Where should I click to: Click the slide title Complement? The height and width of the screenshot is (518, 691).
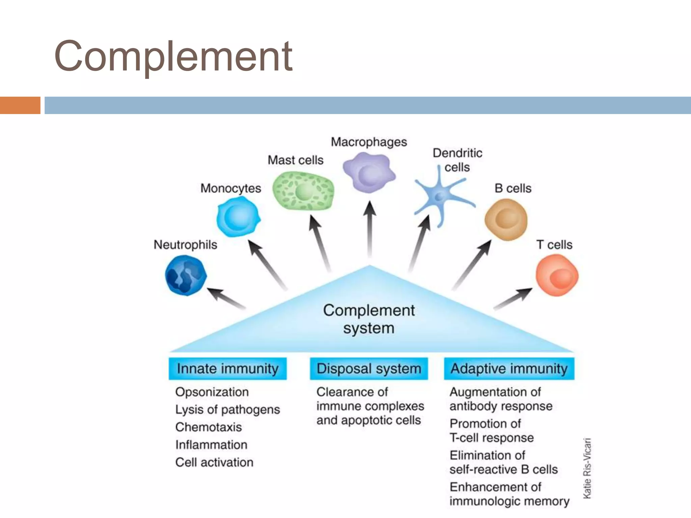tap(173, 56)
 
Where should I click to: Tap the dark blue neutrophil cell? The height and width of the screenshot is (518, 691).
tap(186, 275)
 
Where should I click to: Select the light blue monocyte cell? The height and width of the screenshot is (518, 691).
tap(238, 217)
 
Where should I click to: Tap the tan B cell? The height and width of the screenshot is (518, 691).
tap(506, 219)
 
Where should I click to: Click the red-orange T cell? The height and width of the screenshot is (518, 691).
tap(557, 275)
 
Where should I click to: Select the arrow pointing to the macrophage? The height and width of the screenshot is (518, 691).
tap(370, 229)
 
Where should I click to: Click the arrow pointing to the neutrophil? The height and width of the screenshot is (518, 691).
tap(226, 298)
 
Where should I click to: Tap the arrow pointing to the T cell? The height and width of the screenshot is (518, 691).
tap(513, 298)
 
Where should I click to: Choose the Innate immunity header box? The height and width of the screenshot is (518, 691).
tap(228, 369)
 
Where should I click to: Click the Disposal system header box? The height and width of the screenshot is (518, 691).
tap(369, 369)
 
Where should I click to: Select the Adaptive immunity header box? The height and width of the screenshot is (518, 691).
tap(509, 369)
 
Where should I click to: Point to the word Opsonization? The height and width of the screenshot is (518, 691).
tap(212, 392)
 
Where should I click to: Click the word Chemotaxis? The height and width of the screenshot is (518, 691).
tap(209, 427)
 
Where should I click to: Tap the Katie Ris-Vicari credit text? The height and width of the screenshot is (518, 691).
tap(587, 468)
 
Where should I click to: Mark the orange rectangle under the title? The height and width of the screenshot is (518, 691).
tap(20, 105)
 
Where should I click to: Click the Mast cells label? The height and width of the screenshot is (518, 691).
tap(296, 160)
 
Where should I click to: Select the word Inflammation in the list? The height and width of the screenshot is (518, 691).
tap(211, 444)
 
